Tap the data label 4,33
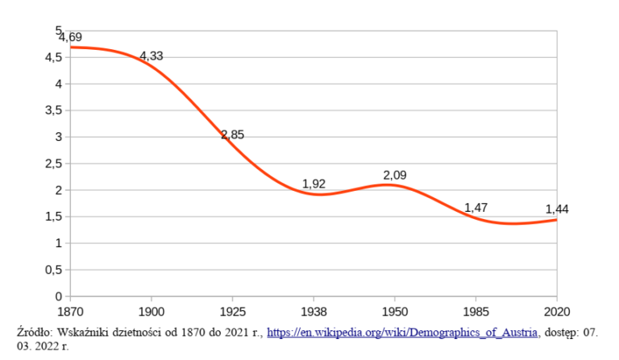point(152,56)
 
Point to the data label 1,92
point(314,184)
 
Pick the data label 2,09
point(395,175)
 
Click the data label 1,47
point(476,208)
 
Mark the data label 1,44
point(557,209)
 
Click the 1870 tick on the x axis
point(70,311)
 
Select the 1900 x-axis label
point(152,311)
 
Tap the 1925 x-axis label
point(232,311)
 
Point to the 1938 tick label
point(314,311)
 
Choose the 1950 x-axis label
point(395,311)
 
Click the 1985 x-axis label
point(476,311)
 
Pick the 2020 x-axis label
point(557,311)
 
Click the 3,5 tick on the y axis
point(54,110)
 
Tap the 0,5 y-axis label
point(54,270)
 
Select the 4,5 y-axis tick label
point(54,57)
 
